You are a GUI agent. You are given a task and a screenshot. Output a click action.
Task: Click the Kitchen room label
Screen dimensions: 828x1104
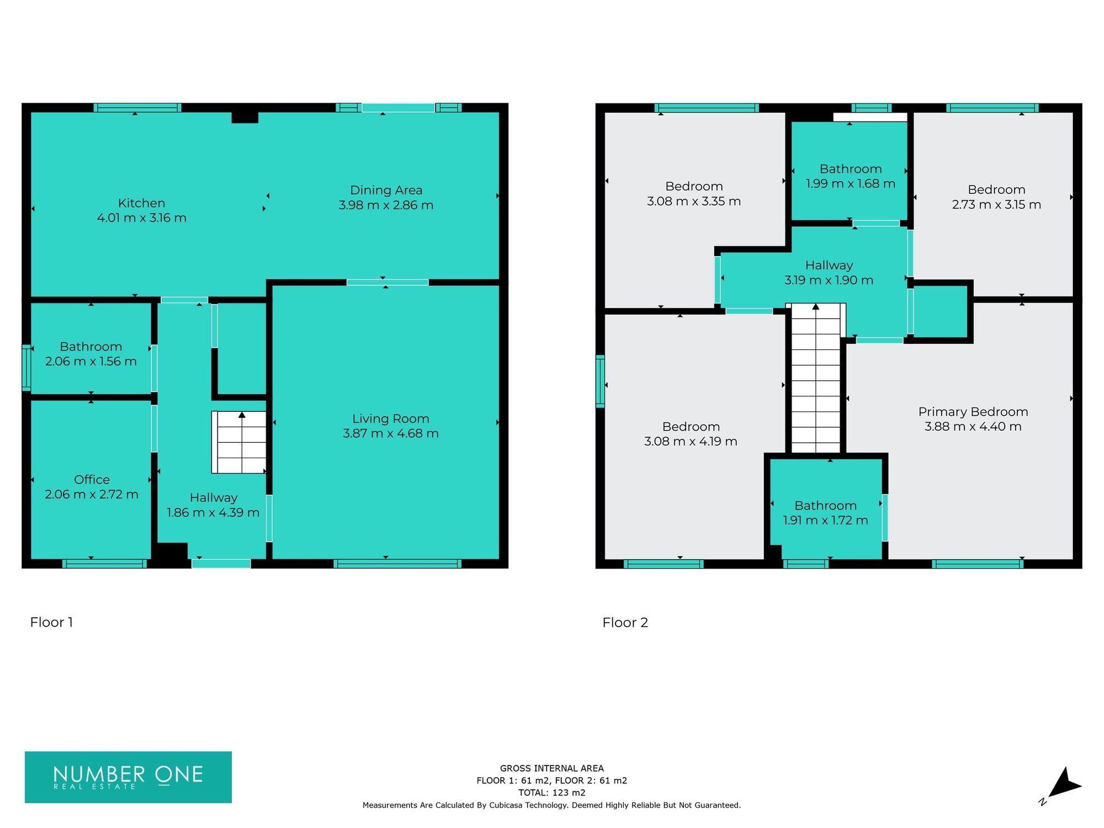(x=141, y=203)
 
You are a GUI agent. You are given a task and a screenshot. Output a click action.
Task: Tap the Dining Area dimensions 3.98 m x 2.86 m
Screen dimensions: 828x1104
(x=386, y=205)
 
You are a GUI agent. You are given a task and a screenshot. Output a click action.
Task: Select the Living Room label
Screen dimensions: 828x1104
(x=391, y=418)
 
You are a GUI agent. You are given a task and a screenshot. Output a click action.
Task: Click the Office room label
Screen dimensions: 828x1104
(x=92, y=479)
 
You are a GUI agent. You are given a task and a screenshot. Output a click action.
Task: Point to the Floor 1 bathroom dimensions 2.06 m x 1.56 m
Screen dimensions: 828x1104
(x=91, y=362)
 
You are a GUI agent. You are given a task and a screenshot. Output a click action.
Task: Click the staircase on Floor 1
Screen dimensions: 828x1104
(x=239, y=443)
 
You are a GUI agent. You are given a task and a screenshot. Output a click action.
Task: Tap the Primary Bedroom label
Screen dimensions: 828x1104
(x=973, y=412)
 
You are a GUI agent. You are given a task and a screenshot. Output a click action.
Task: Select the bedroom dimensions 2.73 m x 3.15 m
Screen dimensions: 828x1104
(x=996, y=205)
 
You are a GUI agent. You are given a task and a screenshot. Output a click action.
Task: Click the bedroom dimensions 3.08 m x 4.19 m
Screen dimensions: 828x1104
(x=691, y=442)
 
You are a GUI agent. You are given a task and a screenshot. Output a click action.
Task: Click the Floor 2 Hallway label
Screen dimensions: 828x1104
(x=829, y=266)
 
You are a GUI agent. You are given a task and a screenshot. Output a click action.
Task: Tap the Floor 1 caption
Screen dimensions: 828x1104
(x=51, y=622)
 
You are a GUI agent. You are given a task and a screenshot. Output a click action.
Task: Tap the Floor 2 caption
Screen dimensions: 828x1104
(x=625, y=623)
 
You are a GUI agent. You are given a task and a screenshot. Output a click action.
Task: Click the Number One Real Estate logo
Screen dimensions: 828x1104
(x=128, y=777)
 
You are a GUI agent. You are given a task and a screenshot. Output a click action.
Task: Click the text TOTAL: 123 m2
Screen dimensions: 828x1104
(x=551, y=793)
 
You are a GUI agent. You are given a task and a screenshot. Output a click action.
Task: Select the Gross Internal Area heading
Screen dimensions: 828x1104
(x=551, y=768)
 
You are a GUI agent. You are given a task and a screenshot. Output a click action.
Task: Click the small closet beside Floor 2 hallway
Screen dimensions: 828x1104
(x=941, y=311)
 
